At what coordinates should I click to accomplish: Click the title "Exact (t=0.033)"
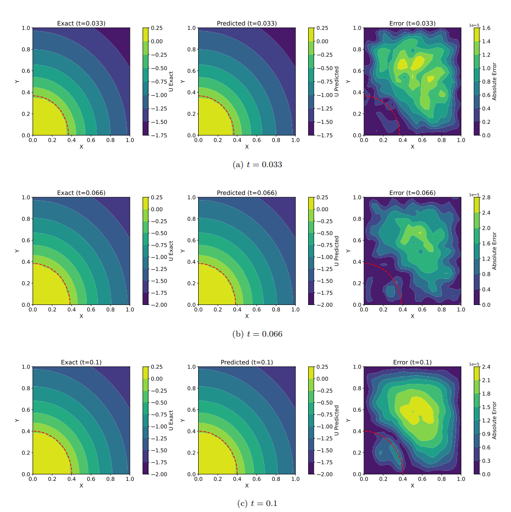81,23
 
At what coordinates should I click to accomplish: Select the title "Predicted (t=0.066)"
246,193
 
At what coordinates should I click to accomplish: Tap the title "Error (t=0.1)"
412,362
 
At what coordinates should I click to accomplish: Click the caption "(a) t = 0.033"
257,165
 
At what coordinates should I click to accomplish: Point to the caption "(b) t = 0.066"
257,334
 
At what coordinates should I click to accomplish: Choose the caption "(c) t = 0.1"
257,504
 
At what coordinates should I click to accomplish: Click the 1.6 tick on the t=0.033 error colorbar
485,28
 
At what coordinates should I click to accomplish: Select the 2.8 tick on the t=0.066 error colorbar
485,197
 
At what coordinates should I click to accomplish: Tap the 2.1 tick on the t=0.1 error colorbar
485,380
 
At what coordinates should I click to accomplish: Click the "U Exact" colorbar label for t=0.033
171,81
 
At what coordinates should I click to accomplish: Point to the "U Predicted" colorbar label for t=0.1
337,420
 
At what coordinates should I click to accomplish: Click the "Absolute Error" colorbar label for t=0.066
494,251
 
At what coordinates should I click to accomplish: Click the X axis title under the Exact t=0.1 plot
81,486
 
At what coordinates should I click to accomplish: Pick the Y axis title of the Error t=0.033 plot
349,81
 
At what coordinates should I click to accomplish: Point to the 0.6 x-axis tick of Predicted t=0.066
257,310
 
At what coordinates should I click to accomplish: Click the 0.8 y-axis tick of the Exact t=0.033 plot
26,49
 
